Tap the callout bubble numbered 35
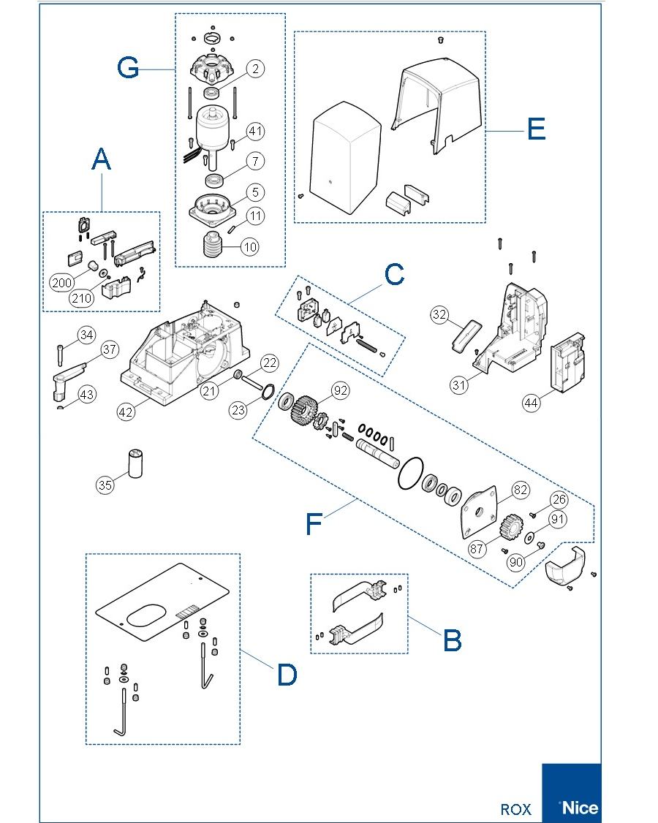[105, 484]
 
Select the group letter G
[129, 68]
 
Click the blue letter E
[536, 129]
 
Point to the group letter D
[287, 675]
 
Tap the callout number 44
[532, 402]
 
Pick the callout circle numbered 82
[521, 490]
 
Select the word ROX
[515, 809]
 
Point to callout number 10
[250, 247]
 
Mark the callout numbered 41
[255, 132]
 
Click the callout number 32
[439, 315]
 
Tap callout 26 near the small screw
[559, 501]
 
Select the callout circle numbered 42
[126, 411]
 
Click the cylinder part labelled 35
[135, 463]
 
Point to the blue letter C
[394, 276]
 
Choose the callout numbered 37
[110, 349]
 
